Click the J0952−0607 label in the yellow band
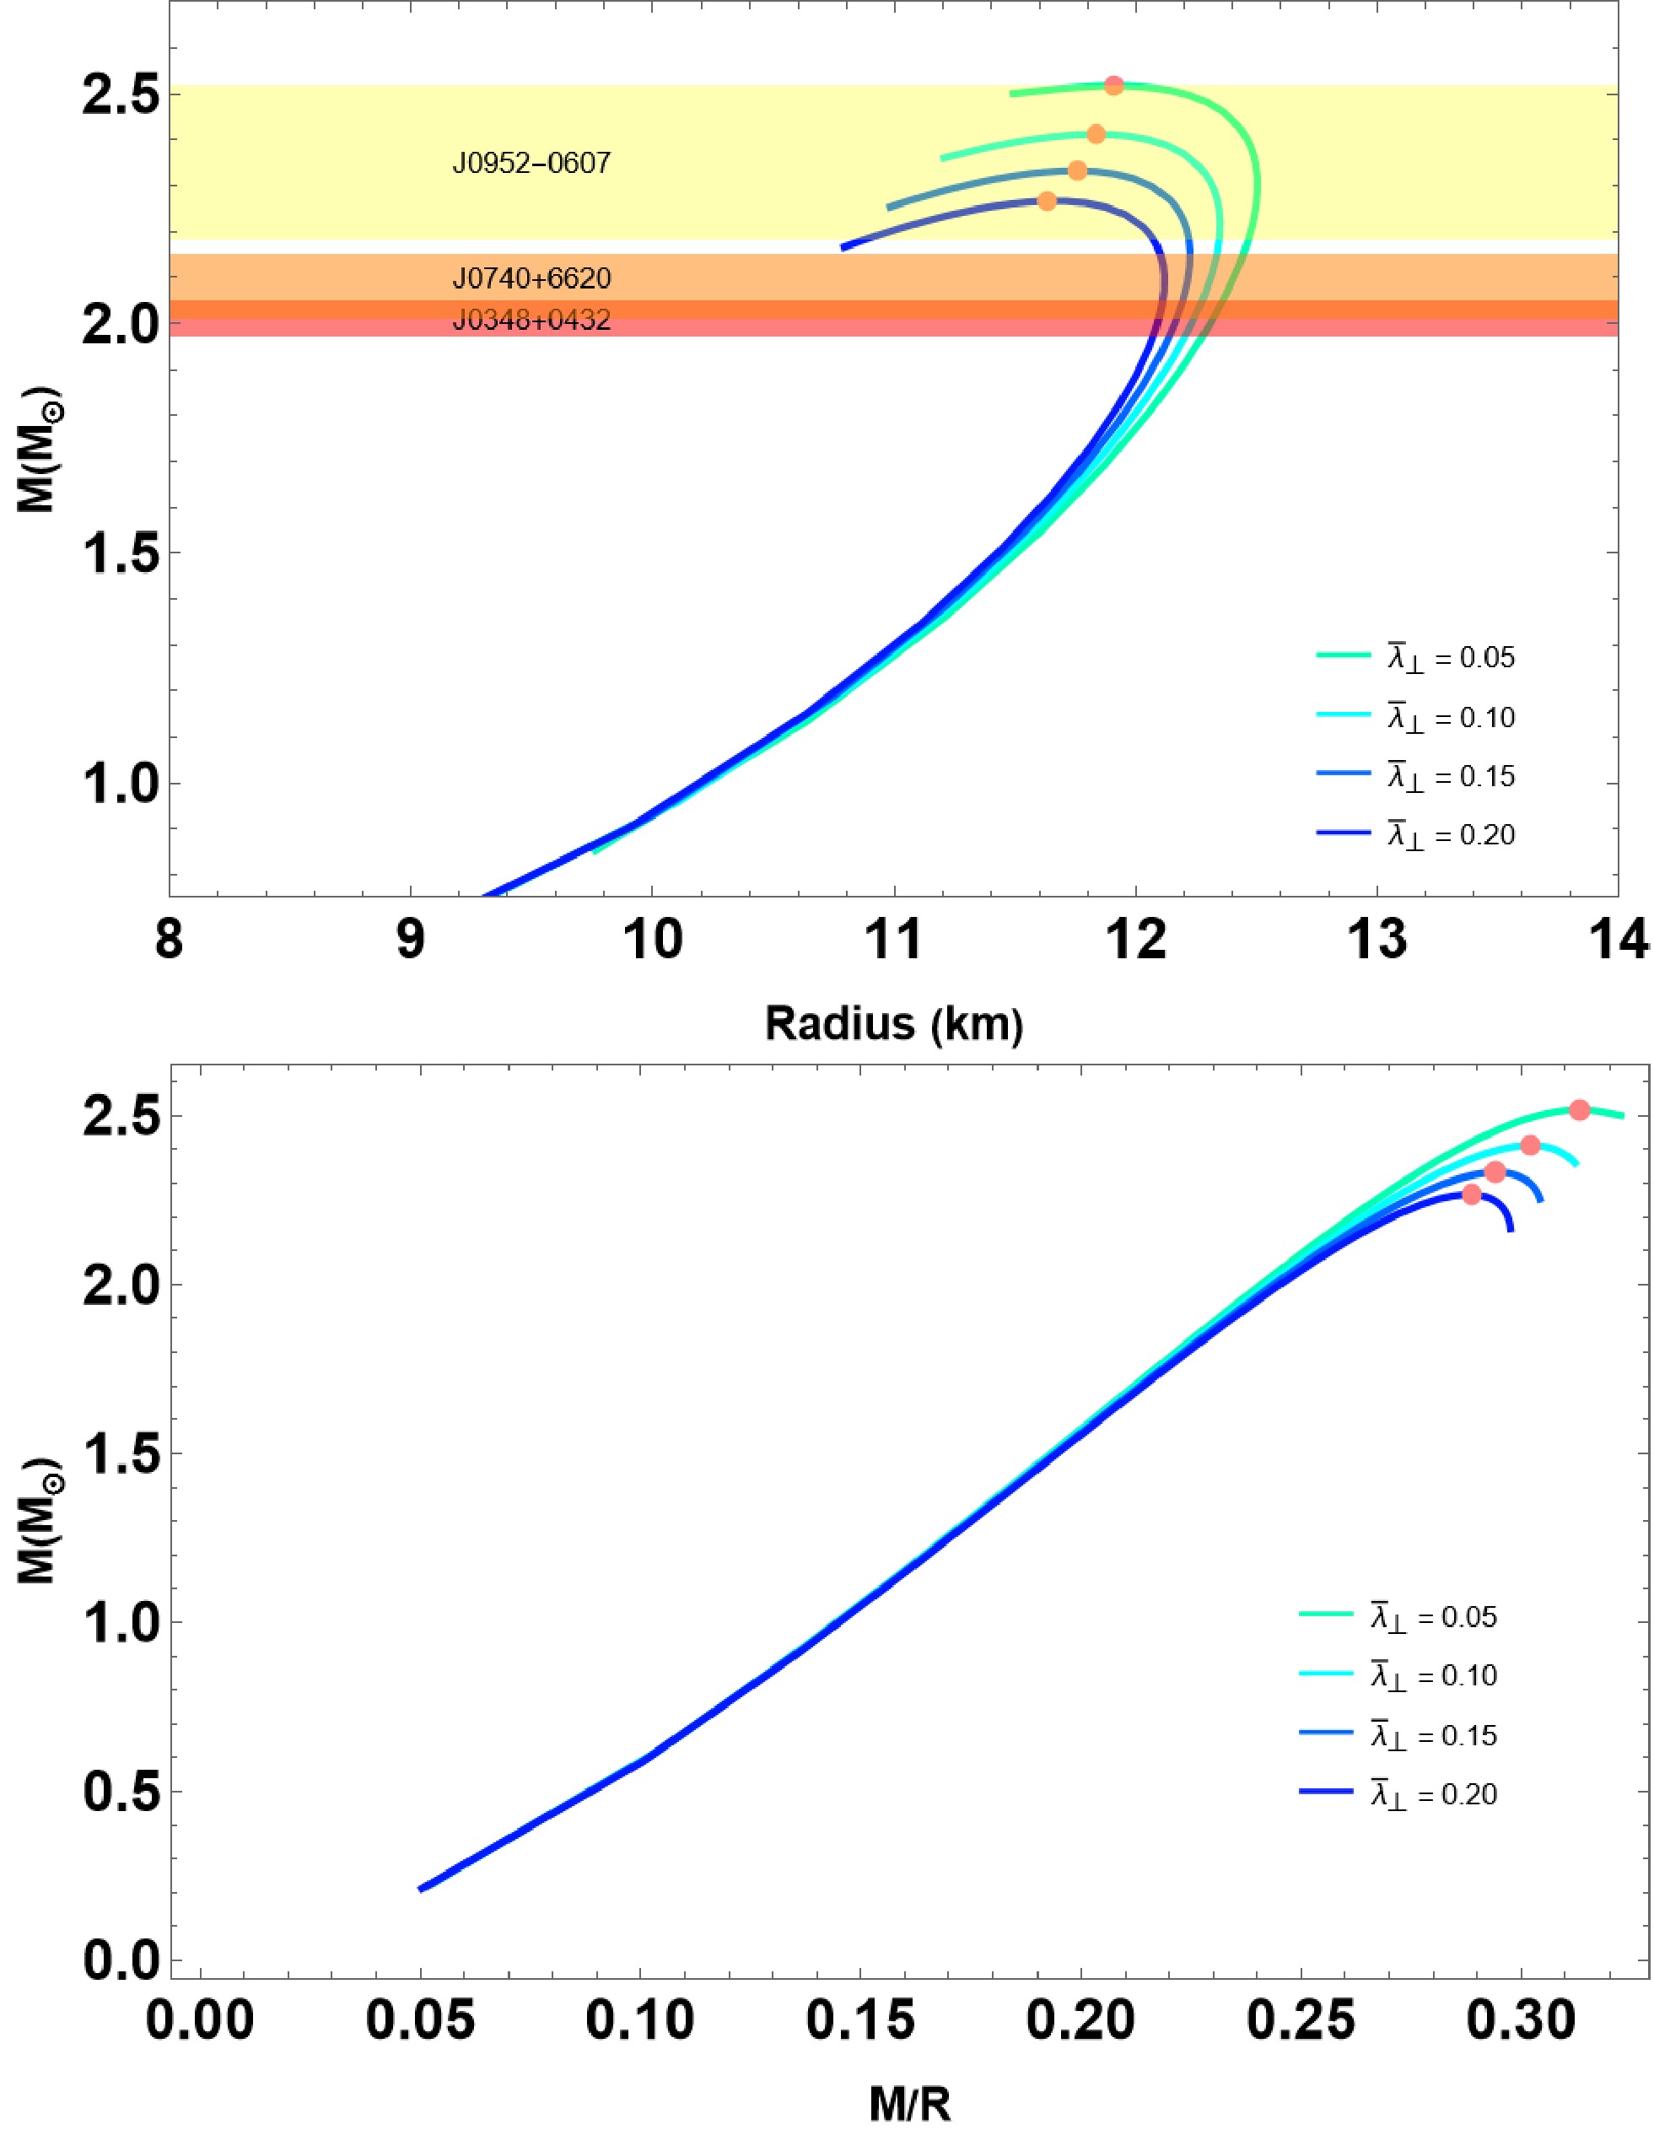[x=531, y=164]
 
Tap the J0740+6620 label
[x=531, y=279]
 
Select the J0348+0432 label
[x=531, y=320]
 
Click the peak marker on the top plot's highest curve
[x=1113, y=86]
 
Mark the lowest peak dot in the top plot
[x=1047, y=202]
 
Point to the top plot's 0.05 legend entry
[x=1415, y=657]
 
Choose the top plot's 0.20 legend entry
[x=1415, y=834]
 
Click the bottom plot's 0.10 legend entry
[x=1398, y=1674]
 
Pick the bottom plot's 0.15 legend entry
[x=1398, y=1735]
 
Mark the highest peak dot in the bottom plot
[x=1580, y=1109]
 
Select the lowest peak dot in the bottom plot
[x=1472, y=1194]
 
